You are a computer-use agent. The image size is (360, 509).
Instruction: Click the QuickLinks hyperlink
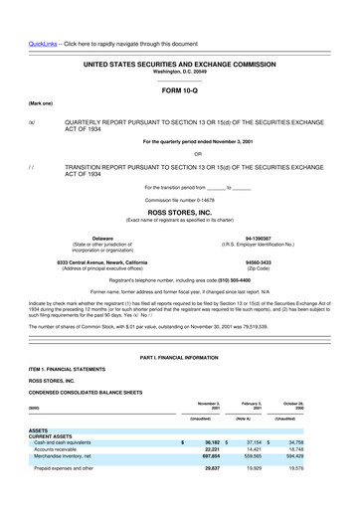point(43,45)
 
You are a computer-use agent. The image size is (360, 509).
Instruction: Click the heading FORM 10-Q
point(179,89)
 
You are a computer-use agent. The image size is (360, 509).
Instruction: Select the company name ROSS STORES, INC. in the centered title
point(179,213)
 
